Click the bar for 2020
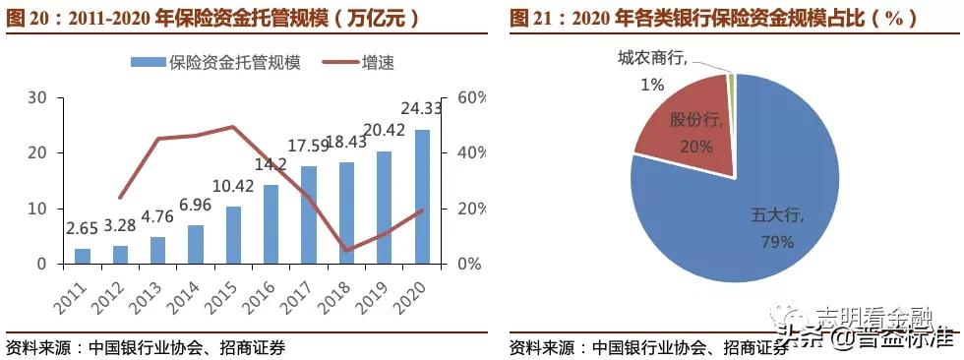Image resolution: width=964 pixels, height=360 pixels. [422, 197]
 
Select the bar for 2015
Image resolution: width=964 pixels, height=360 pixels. [233, 235]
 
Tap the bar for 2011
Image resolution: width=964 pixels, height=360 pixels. [83, 256]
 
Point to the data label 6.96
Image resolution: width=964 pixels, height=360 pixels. [195, 206]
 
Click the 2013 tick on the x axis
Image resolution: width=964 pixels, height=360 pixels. [149, 291]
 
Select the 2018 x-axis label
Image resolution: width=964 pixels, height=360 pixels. [336, 291]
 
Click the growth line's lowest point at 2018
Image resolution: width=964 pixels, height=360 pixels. [346, 250]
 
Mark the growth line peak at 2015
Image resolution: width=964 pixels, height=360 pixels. [233, 127]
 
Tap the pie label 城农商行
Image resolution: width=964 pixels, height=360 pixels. [649, 59]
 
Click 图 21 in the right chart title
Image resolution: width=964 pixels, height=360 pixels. [532, 17]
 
